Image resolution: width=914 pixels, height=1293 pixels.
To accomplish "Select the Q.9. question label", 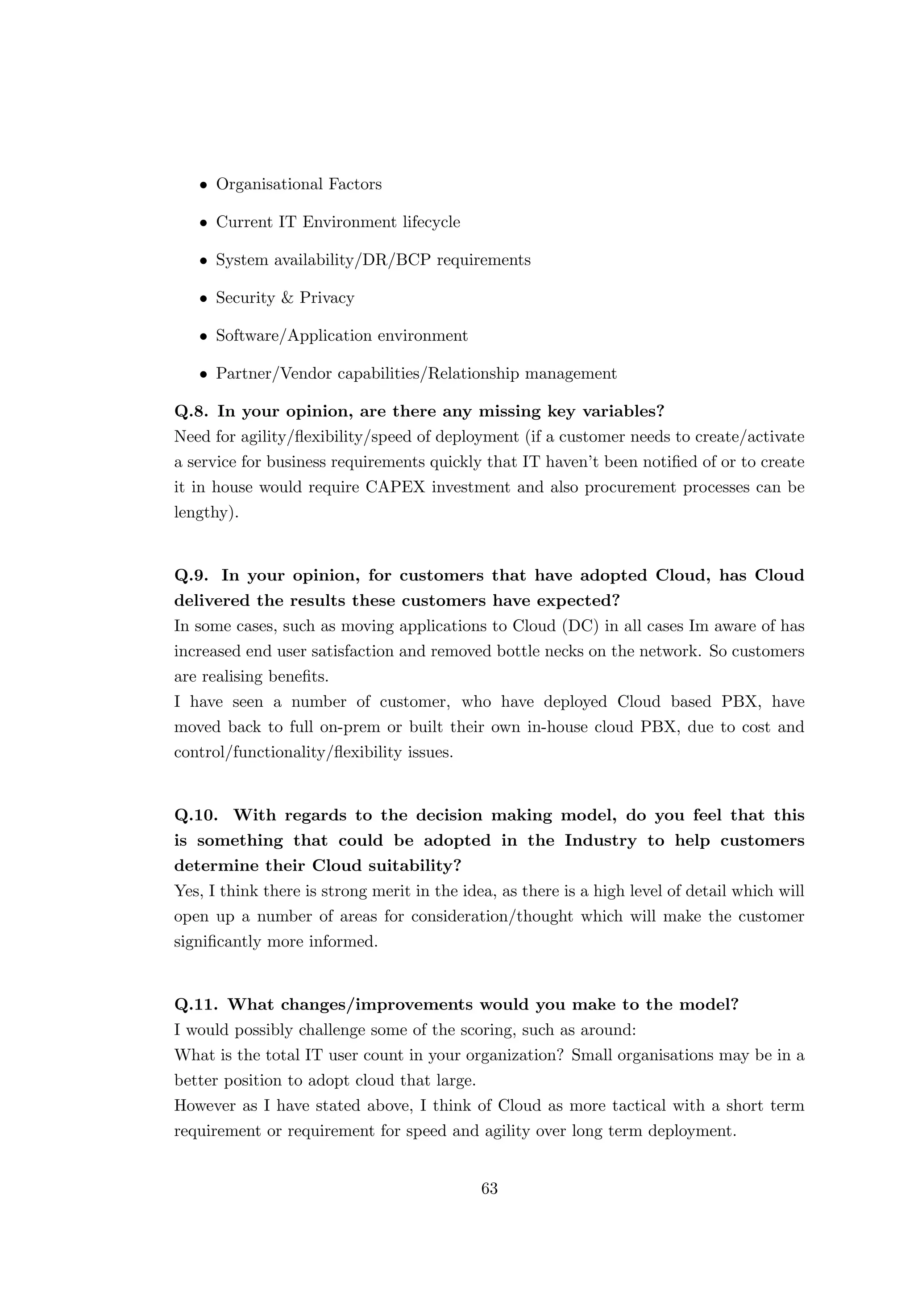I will pyautogui.click(x=192, y=576).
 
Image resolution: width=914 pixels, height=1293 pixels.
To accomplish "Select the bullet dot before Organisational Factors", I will pyautogui.click(x=204, y=185).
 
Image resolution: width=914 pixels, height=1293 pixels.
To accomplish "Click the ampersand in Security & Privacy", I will pyautogui.click(x=287, y=298).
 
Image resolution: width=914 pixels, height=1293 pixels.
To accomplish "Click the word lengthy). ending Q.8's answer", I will pyautogui.click(x=206, y=513).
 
